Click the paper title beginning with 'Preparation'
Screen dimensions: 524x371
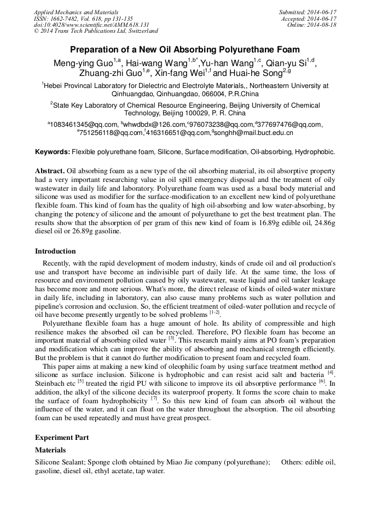[x=185, y=49]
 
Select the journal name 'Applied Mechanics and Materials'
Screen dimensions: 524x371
[x=76, y=12]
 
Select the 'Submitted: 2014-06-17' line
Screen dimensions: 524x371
[x=308, y=12]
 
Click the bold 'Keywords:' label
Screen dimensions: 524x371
[x=53, y=151]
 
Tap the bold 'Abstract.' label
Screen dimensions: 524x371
[x=50, y=170]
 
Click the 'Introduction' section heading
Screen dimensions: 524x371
[x=55, y=251]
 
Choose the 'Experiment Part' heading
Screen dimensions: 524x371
[x=62, y=438]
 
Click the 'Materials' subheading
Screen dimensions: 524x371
[x=50, y=450]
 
